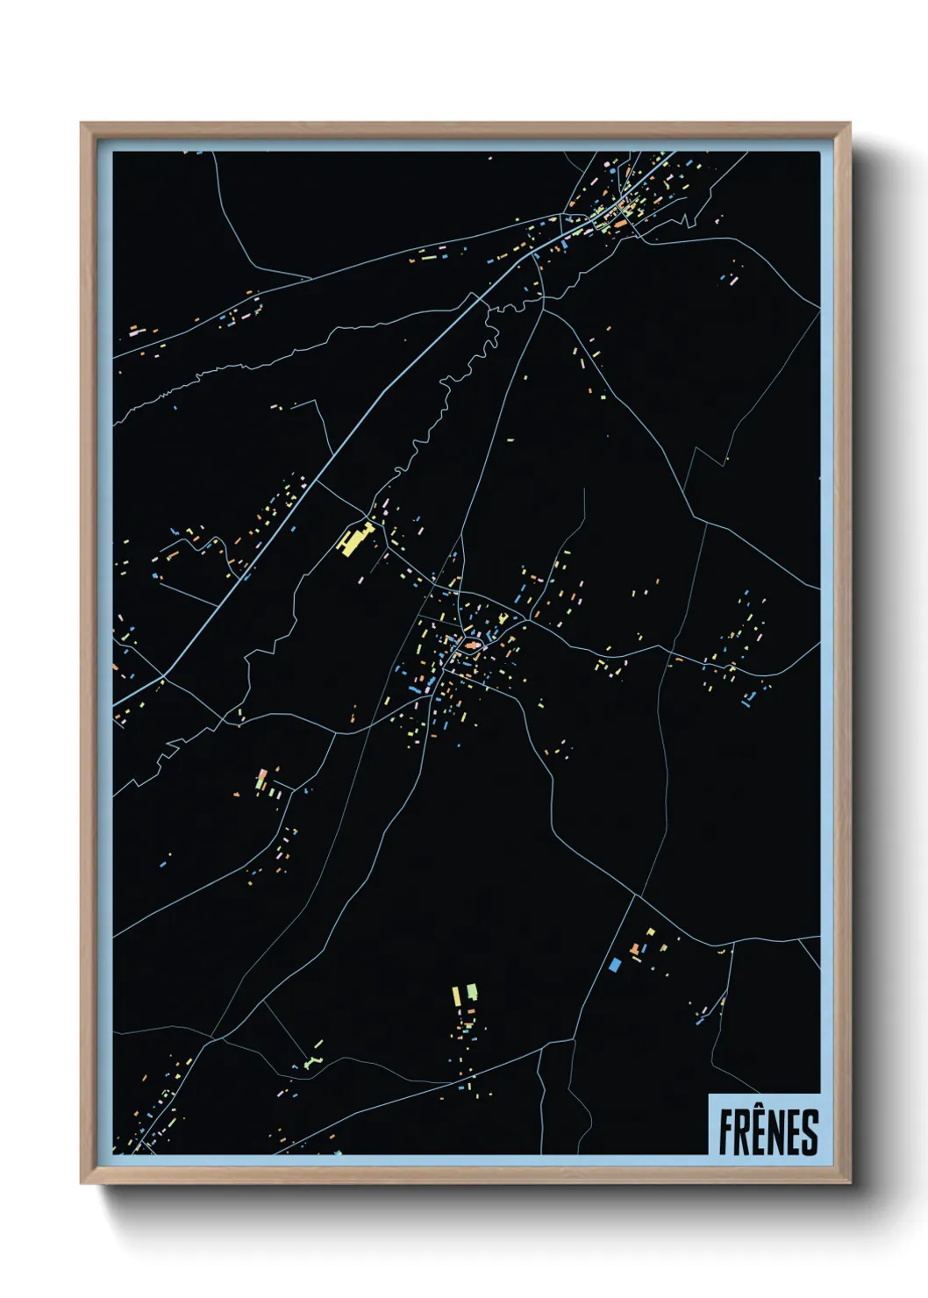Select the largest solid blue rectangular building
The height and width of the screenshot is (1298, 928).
coord(615,964)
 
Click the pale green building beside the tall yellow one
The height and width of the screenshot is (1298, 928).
coord(472,992)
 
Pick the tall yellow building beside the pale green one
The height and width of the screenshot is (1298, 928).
coord(457,996)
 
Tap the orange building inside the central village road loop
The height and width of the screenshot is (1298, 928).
coord(473,647)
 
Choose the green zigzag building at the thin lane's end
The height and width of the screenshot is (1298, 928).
coord(313,1061)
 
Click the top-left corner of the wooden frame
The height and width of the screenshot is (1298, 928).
coord(82,124)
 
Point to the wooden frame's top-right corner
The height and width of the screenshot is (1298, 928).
coord(849,124)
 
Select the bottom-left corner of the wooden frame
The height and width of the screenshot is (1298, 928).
coord(82,1184)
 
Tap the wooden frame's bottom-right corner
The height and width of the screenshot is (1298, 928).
coord(849,1184)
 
